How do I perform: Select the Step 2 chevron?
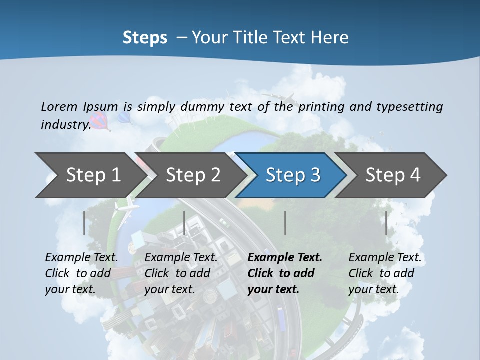(193, 175)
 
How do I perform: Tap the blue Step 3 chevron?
(293, 175)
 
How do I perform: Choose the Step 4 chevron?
(393, 175)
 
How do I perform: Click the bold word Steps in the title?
(145, 37)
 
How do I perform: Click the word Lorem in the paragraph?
(58, 106)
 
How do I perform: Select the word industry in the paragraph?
(65, 124)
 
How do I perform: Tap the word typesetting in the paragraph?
(409, 106)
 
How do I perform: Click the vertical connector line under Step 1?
(84, 223)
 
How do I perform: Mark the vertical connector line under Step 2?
(184, 223)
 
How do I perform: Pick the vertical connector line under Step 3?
(285, 223)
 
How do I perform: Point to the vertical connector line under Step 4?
(386, 223)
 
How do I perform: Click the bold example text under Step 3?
(284, 273)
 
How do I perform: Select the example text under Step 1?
(81, 273)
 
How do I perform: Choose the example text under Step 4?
(384, 273)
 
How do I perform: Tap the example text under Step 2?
(181, 273)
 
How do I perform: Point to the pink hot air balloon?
(100, 121)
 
